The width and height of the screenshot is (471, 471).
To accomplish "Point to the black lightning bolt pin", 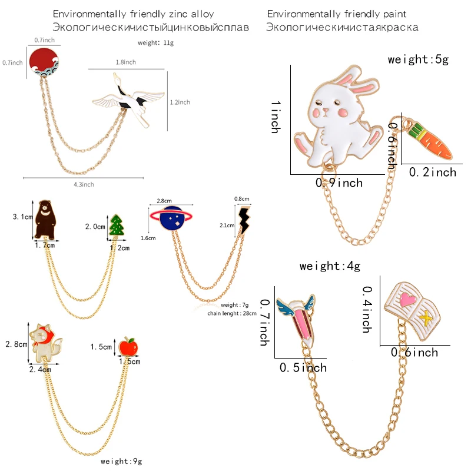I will tap(244, 220).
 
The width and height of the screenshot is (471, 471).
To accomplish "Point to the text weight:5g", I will tap(418, 59).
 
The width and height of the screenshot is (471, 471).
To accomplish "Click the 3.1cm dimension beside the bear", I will tap(22, 217).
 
